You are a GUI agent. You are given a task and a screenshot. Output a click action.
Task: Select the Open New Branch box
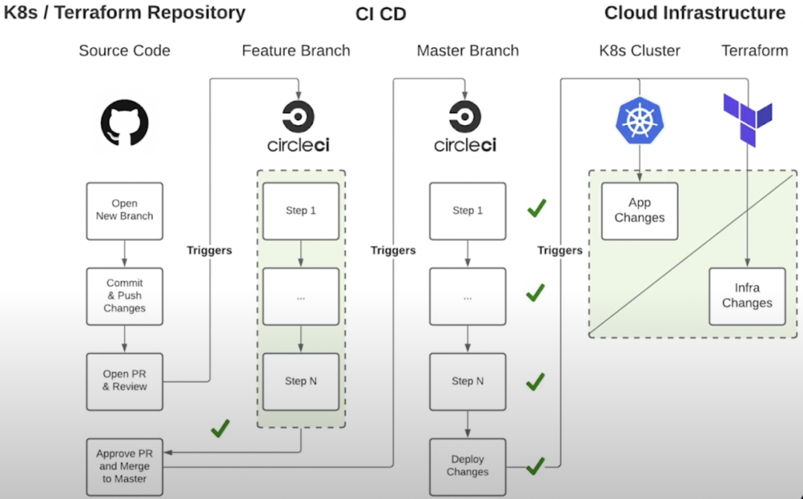pyautogui.click(x=124, y=210)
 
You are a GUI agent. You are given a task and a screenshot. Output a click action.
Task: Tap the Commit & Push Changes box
pyautogui.click(x=124, y=296)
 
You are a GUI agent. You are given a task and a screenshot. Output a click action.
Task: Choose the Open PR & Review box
pyautogui.click(x=124, y=381)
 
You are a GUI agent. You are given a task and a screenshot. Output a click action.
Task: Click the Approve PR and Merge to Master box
pyautogui.click(x=124, y=466)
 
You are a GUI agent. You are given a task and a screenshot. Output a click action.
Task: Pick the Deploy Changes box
pyautogui.click(x=468, y=466)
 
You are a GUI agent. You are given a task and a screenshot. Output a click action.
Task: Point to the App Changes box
pyautogui.click(x=639, y=210)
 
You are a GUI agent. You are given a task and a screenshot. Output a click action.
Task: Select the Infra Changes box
pyautogui.click(x=746, y=296)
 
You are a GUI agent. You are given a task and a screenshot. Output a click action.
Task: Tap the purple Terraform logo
pyautogui.click(x=747, y=119)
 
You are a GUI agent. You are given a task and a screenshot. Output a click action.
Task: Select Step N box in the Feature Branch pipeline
pyautogui.click(x=300, y=381)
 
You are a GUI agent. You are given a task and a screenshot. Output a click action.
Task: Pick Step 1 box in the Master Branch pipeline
pyautogui.click(x=468, y=210)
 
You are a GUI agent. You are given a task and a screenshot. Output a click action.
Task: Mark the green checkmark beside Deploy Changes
pyautogui.click(x=535, y=467)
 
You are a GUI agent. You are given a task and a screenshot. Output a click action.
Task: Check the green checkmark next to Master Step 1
pyautogui.click(x=536, y=208)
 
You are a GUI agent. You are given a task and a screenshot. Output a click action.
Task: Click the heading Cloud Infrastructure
pyautogui.click(x=694, y=13)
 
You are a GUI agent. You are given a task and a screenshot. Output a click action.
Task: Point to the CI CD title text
pyautogui.click(x=381, y=13)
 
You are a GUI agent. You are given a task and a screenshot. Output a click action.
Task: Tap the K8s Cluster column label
pyautogui.click(x=639, y=51)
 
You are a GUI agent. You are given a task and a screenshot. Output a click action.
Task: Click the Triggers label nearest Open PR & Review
pyautogui.click(x=209, y=251)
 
